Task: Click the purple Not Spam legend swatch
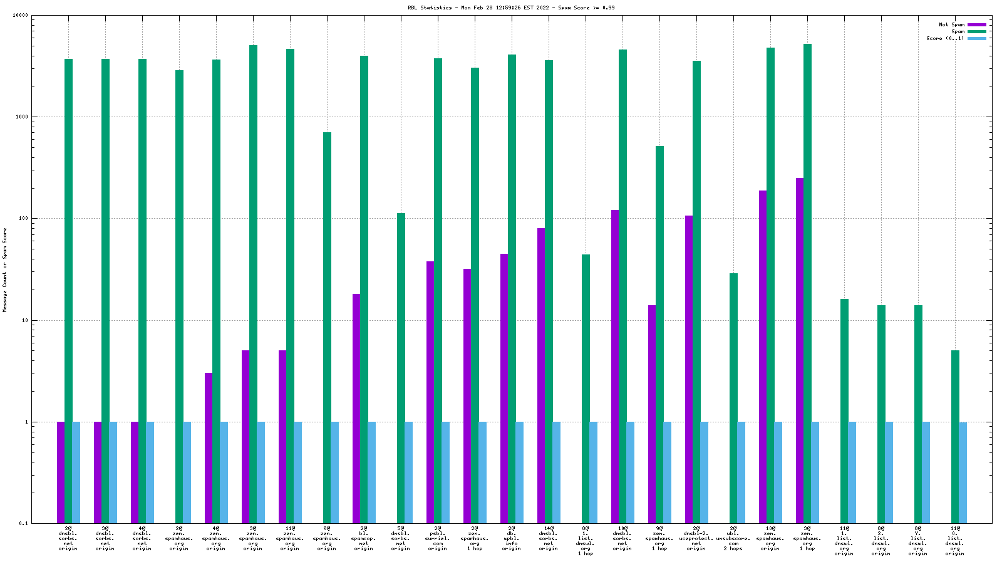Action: [977, 25]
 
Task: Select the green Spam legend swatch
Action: [977, 31]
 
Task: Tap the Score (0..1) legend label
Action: [945, 38]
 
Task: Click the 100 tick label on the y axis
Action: [23, 219]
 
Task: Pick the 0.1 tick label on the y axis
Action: [24, 523]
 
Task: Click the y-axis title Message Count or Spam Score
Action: [5, 269]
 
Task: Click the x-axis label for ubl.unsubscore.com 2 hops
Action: [733, 538]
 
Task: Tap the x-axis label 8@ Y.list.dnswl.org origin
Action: [918, 541]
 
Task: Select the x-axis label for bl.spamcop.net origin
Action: [364, 538]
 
